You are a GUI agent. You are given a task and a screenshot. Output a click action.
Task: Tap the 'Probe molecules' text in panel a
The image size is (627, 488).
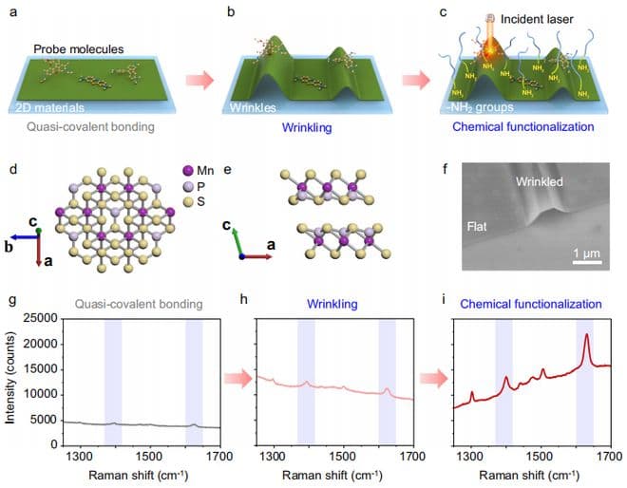pyautogui.click(x=73, y=47)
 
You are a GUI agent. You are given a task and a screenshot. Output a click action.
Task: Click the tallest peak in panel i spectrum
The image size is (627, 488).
pyautogui.click(x=587, y=335)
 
